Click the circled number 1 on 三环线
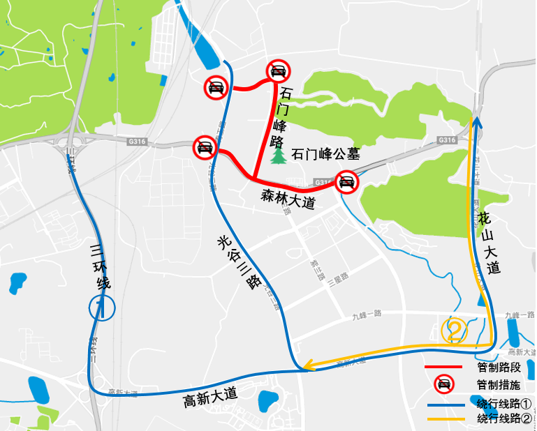[x=101, y=307]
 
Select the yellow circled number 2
[x=455, y=330]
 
